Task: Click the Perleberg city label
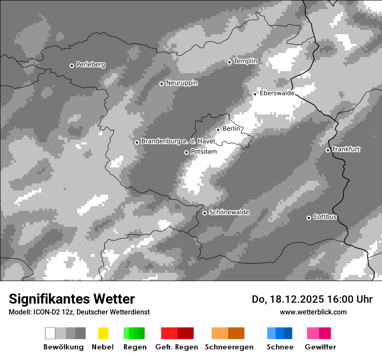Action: click(90, 65)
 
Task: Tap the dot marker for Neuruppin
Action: click(161, 83)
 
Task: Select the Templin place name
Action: click(245, 61)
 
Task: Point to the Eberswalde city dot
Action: click(255, 94)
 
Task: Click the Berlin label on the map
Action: click(231, 129)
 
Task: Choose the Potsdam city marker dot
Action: click(186, 152)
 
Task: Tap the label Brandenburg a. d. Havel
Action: click(178, 141)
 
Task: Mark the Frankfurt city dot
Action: click(328, 150)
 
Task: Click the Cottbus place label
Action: click(325, 217)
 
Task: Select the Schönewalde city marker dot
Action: click(204, 213)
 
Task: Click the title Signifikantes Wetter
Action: click(72, 299)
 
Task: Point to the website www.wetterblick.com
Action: click(313, 312)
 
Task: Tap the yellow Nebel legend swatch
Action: click(103, 333)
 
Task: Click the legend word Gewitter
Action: click(320, 347)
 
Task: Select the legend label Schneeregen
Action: click(229, 347)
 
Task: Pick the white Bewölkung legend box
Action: click(50, 333)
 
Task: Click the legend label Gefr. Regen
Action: click(176, 347)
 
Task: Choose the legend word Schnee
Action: click(280, 347)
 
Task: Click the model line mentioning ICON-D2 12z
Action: click(79, 312)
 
